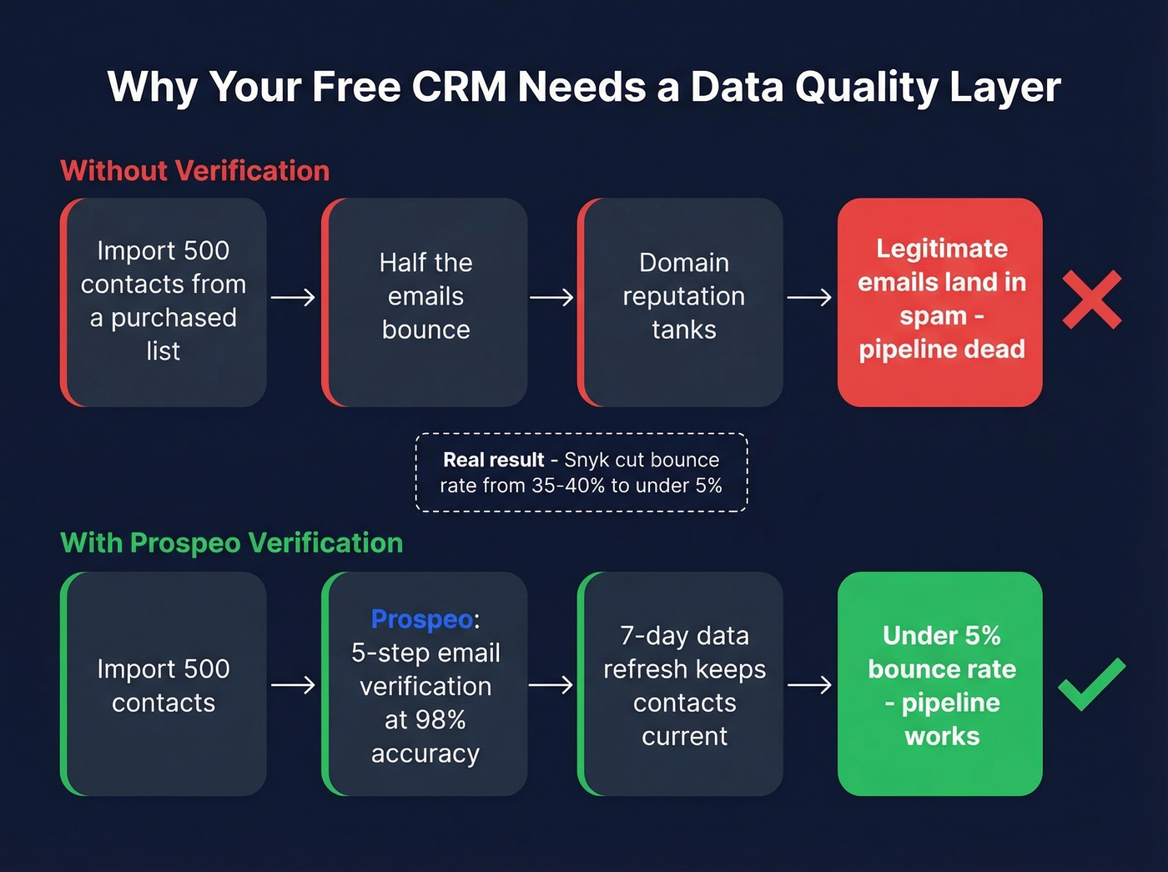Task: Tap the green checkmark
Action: (x=1090, y=684)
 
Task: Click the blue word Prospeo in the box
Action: (x=422, y=619)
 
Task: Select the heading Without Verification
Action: (x=195, y=171)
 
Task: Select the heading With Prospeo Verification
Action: (x=232, y=543)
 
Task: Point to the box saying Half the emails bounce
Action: (x=425, y=301)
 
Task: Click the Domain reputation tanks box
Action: (x=682, y=301)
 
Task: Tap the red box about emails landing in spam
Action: (x=940, y=301)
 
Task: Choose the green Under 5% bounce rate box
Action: (x=940, y=683)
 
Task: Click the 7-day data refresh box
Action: (x=682, y=683)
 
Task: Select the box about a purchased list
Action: (x=164, y=301)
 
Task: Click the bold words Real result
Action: (x=493, y=460)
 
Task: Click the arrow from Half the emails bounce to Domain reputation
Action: (x=551, y=297)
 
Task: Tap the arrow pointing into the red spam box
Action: (x=809, y=297)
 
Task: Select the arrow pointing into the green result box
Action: (x=809, y=685)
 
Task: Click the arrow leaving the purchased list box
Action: (x=293, y=297)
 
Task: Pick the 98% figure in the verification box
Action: (x=437, y=719)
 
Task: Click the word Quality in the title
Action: (x=865, y=87)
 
